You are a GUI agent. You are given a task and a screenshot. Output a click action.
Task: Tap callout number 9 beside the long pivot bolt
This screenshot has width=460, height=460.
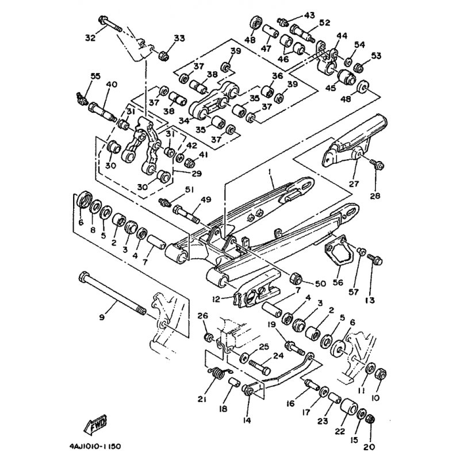[102, 316]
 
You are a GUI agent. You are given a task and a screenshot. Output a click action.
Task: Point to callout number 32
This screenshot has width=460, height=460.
[90, 39]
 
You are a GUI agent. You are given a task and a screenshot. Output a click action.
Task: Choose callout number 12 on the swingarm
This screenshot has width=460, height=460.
[216, 298]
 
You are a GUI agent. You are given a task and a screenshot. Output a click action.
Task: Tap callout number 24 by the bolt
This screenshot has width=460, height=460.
[278, 355]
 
